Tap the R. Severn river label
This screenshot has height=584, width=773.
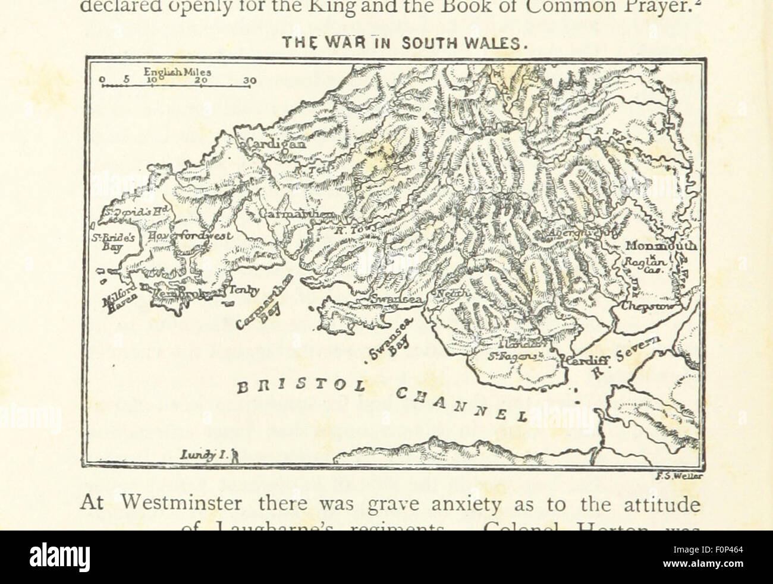[624, 357]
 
